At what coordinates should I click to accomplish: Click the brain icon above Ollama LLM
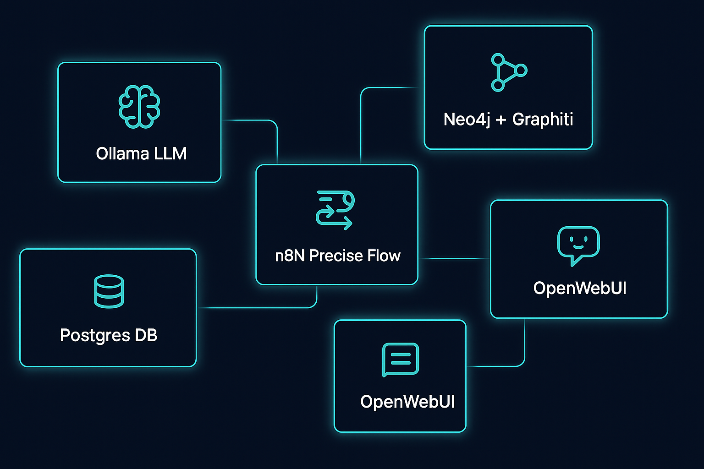coord(139,106)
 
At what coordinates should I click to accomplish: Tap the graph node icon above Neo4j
coord(508,72)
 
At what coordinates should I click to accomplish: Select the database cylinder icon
coord(109,291)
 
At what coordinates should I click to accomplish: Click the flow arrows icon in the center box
coord(335,210)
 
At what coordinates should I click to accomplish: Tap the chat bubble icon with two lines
coord(401,360)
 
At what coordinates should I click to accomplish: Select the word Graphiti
coord(543,120)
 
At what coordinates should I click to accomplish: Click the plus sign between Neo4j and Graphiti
coord(501,120)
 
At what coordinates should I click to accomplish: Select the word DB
coord(146,335)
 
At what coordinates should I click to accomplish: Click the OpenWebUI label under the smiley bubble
coord(579,289)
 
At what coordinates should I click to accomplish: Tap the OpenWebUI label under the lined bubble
coord(407,402)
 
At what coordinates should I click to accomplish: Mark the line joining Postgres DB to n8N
coord(257,308)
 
